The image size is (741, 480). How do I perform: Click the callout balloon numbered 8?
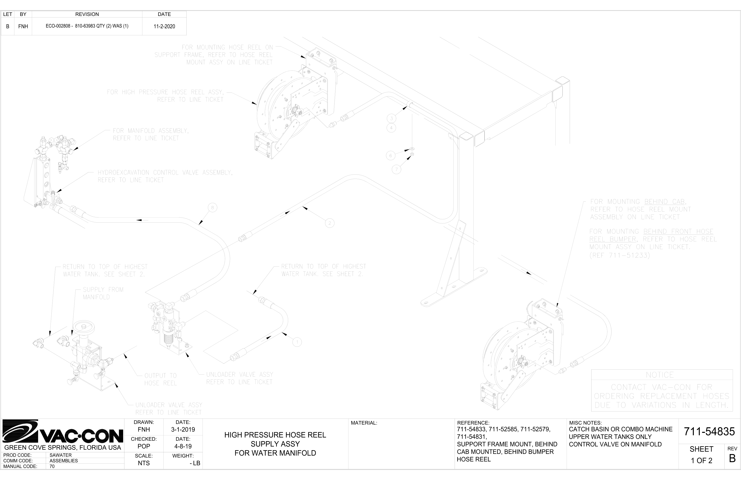[x=212, y=207]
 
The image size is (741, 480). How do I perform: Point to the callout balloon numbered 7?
[x=396, y=169]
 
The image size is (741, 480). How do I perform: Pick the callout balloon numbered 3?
[x=391, y=118]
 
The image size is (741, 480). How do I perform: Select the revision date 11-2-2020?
[x=164, y=26]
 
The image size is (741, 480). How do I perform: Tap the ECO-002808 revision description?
[x=87, y=26]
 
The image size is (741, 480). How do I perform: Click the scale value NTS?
[x=144, y=463]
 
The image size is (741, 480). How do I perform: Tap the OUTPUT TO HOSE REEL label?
[x=161, y=379]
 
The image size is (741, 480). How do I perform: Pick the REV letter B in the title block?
[x=732, y=458]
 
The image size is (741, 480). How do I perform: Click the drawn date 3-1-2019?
[x=183, y=430]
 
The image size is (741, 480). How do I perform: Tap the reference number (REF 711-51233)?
[x=620, y=255]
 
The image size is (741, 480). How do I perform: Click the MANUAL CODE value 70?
[x=52, y=466]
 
